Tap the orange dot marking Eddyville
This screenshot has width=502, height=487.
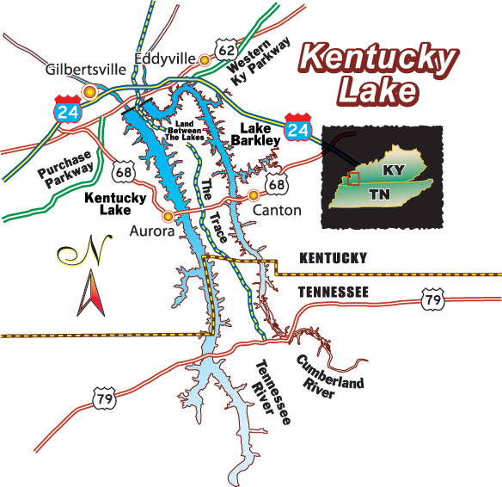point(205,60)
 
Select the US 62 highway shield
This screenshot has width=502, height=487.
point(226,51)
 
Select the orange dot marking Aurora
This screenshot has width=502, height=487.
point(168,216)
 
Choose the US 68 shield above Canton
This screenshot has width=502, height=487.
point(276,183)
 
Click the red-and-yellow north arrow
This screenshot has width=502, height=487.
point(88,294)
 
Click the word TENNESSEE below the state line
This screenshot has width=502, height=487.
point(334,293)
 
